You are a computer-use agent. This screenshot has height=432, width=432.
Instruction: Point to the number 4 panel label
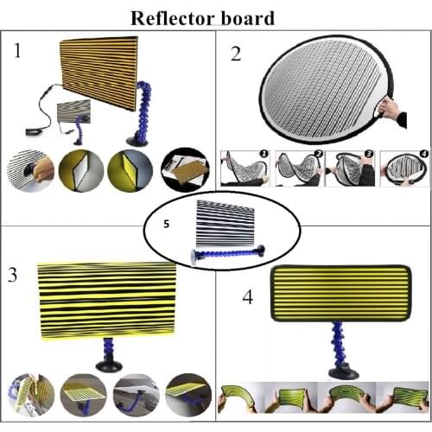247,298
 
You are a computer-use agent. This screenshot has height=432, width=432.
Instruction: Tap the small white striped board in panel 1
72,112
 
